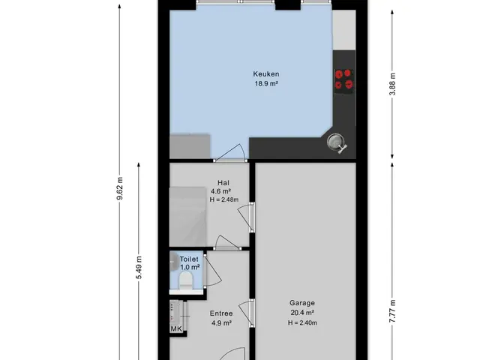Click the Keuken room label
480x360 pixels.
(266, 74)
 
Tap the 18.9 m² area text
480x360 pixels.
(266, 83)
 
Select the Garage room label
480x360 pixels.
(302, 303)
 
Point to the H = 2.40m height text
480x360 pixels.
(302, 322)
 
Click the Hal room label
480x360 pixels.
(223, 183)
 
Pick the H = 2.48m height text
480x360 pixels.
(224, 200)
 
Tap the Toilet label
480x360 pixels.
(189, 259)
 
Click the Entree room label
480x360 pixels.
(221, 313)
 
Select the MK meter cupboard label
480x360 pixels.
(176, 329)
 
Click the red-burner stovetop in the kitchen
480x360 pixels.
(344, 79)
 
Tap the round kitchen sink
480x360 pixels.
(335, 142)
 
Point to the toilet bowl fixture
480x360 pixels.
(185, 280)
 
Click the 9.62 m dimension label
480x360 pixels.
(120, 188)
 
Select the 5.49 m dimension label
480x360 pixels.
(139, 268)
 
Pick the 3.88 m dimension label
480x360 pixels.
(392, 84)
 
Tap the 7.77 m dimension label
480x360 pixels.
(392, 311)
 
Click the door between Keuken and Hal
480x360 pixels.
(230, 152)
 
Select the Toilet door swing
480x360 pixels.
(212, 271)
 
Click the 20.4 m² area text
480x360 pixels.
(302, 313)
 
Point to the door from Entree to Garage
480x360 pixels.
(247, 313)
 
